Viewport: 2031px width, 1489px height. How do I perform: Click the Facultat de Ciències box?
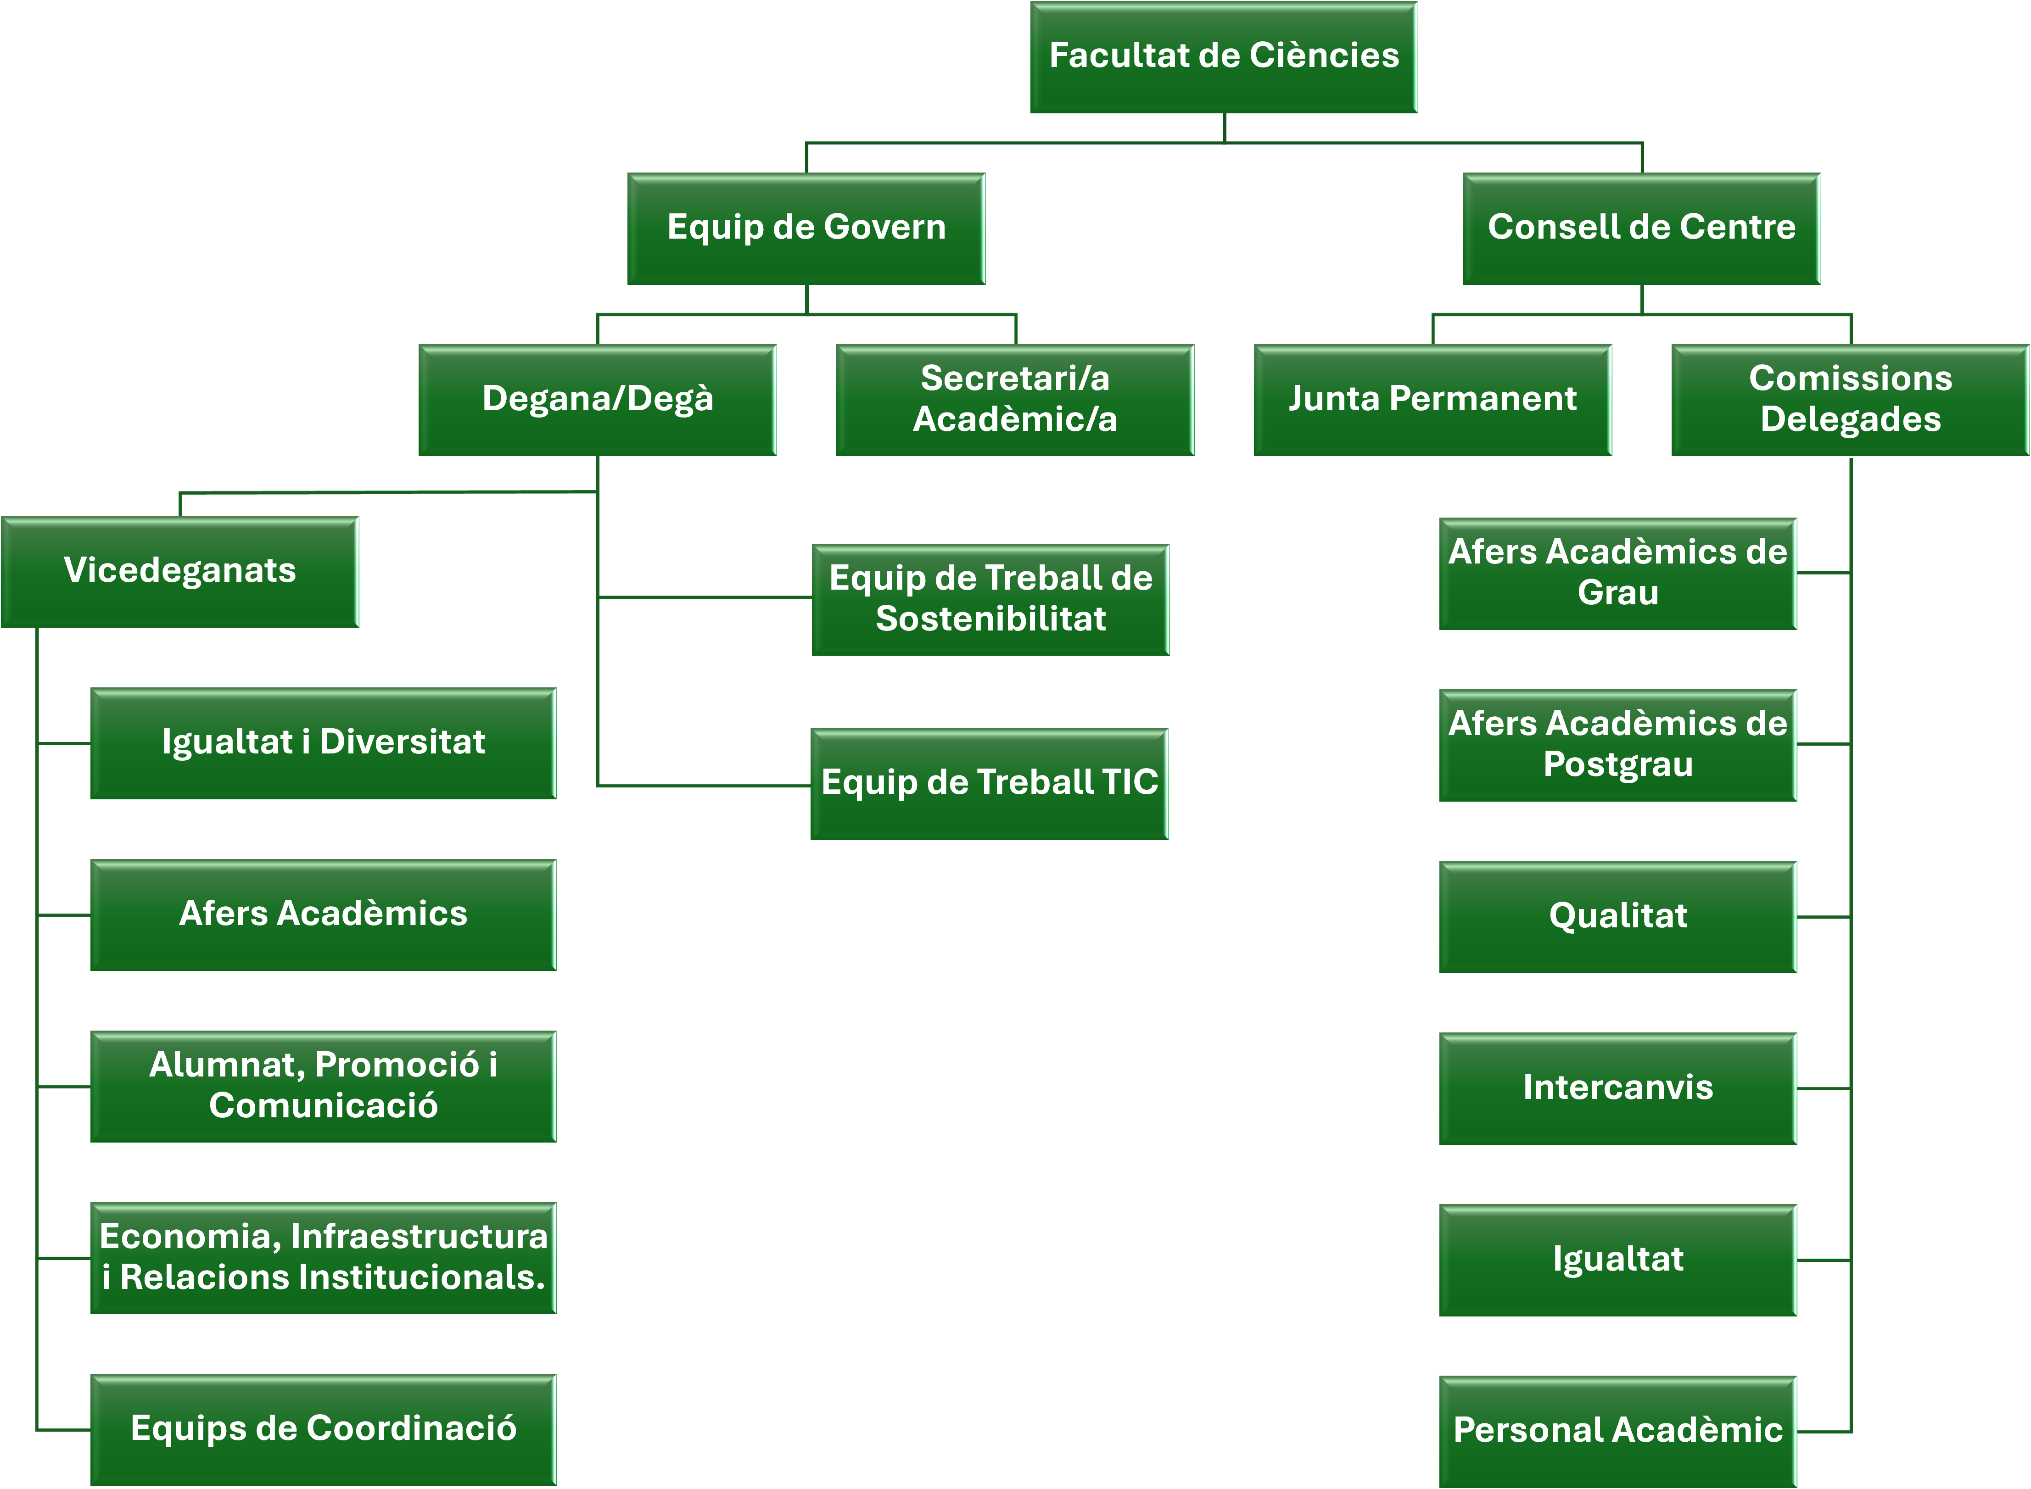(1223, 57)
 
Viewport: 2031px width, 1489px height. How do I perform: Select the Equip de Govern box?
(806, 228)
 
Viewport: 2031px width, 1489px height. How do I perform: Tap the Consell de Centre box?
(1641, 228)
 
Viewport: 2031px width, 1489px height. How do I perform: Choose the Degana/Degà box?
(597, 399)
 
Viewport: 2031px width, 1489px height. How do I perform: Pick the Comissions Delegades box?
(1850, 399)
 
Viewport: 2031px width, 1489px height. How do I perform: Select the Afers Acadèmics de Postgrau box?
(1617, 744)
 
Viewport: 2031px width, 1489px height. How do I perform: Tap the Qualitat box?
(1617, 917)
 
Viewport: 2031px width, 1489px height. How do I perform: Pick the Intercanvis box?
(1617, 1088)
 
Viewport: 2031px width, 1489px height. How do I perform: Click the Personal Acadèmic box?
(1617, 1430)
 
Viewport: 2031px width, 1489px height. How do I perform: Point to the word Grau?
(1617, 593)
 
